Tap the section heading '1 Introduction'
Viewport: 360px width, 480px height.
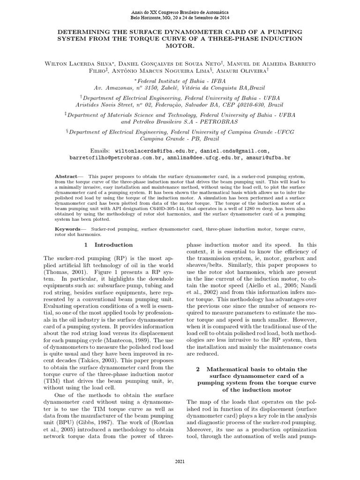pyautogui.click(x=108, y=245)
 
